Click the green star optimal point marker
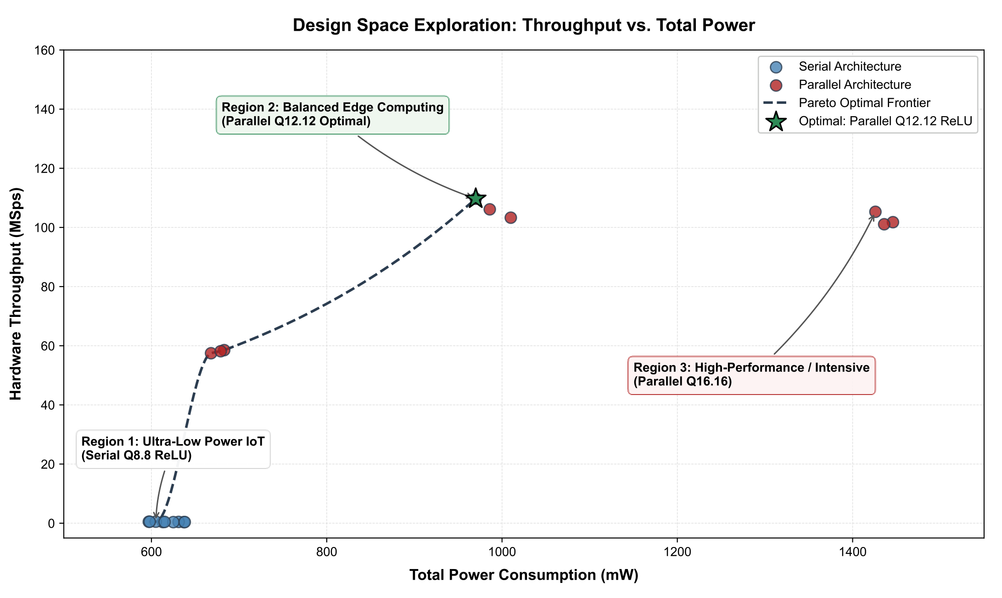(476, 198)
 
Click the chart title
(524, 25)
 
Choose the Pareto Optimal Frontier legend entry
(847, 102)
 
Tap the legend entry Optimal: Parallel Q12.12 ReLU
(870, 121)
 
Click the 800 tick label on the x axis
(326, 550)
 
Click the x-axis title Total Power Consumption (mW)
(524, 575)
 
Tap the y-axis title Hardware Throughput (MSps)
(16, 293)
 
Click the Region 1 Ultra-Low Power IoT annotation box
(173, 449)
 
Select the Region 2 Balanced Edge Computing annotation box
(333, 115)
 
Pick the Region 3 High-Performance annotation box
(751, 375)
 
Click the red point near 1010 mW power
(511, 217)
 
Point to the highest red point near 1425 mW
(875, 212)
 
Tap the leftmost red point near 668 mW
(211, 353)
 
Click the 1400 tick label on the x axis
(852, 550)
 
